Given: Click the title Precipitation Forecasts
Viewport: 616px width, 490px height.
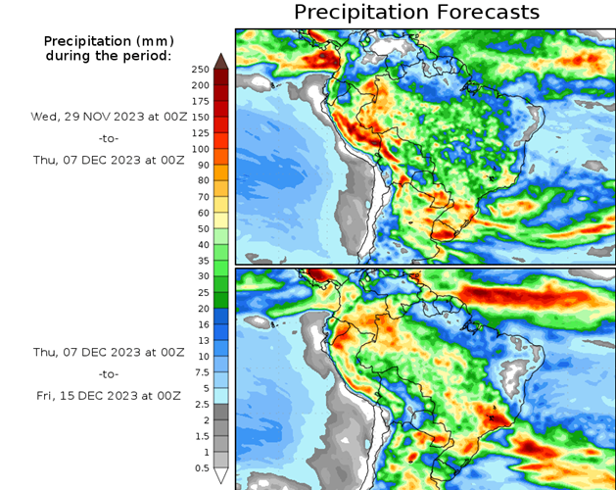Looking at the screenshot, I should point(416,13).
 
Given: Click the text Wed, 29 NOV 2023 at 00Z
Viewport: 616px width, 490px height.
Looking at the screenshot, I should point(108,115).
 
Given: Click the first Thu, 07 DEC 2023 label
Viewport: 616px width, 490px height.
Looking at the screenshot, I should point(109,160).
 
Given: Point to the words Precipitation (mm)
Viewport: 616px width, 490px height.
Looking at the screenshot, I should point(108,41).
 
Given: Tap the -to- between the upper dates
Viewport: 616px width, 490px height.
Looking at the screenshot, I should point(109,137).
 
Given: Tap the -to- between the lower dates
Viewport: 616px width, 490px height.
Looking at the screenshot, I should point(109,373).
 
